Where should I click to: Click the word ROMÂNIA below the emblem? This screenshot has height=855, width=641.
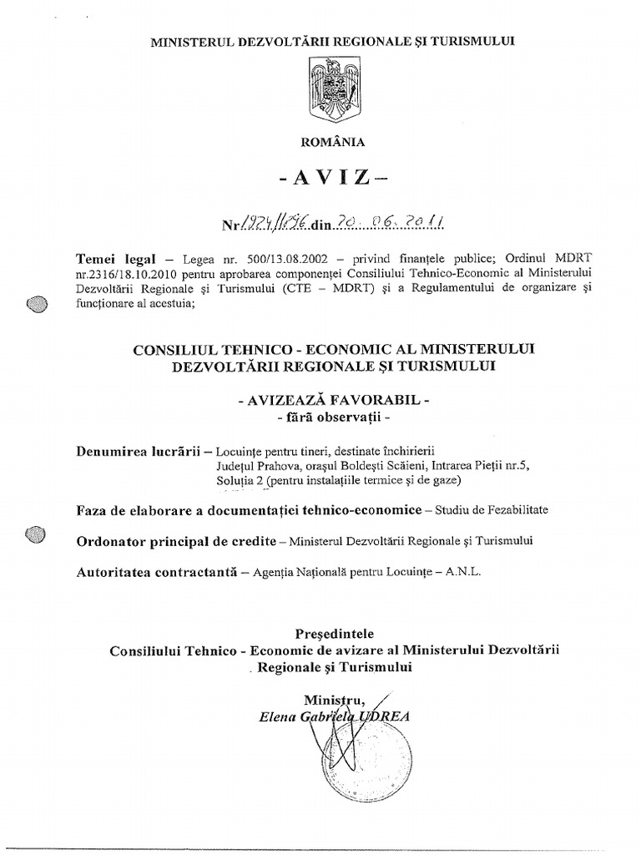(x=332, y=142)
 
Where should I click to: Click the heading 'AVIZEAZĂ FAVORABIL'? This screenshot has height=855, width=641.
(x=333, y=401)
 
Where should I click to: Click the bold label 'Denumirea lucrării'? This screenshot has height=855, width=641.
(x=137, y=452)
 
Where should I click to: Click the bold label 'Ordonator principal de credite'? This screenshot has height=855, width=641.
(x=175, y=540)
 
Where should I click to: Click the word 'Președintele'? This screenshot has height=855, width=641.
(x=335, y=632)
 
